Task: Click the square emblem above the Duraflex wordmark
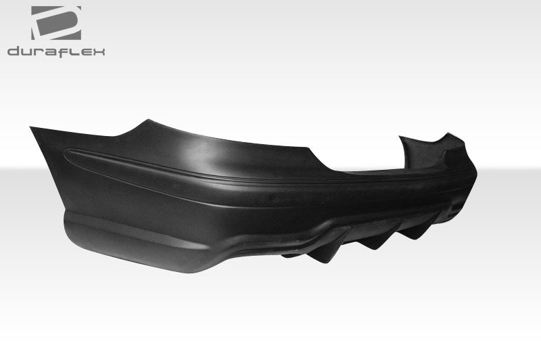click(56, 22)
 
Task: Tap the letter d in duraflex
click(14, 51)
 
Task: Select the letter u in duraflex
click(26, 51)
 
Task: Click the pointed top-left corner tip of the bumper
click(31, 128)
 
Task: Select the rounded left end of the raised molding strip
click(68, 154)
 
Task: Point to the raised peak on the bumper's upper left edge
click(143, 122)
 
